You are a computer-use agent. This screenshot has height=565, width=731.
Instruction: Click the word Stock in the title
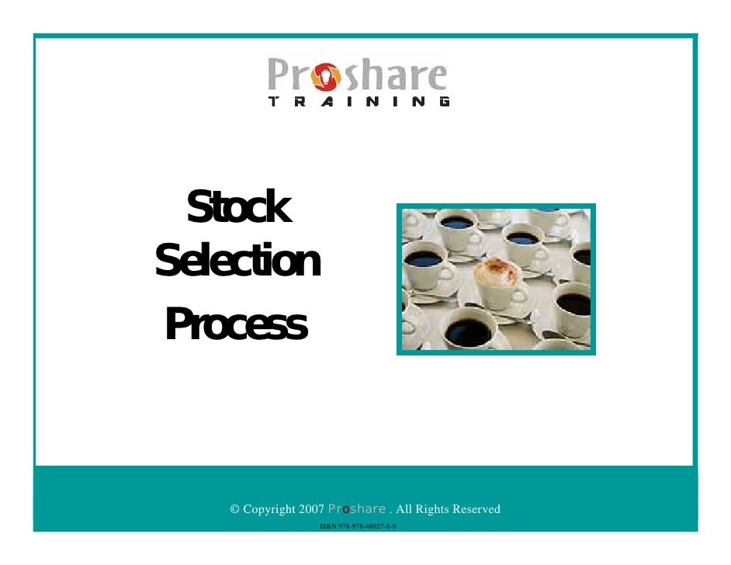coord(238,208)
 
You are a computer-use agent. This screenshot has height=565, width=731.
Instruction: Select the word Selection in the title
coord(237,263)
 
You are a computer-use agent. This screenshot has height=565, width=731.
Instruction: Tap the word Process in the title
coord(236,325)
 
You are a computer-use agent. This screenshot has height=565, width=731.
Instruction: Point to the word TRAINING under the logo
coord(359,102)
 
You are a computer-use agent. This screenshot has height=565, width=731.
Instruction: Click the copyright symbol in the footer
coord(235,510)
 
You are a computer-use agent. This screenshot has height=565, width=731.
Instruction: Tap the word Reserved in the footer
coord(475,510)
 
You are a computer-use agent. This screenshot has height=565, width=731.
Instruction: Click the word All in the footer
coord(405,510)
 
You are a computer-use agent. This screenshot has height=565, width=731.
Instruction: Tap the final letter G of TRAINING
coord(443,102)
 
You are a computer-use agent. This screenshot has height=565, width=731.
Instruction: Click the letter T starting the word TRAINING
coord(274,102)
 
